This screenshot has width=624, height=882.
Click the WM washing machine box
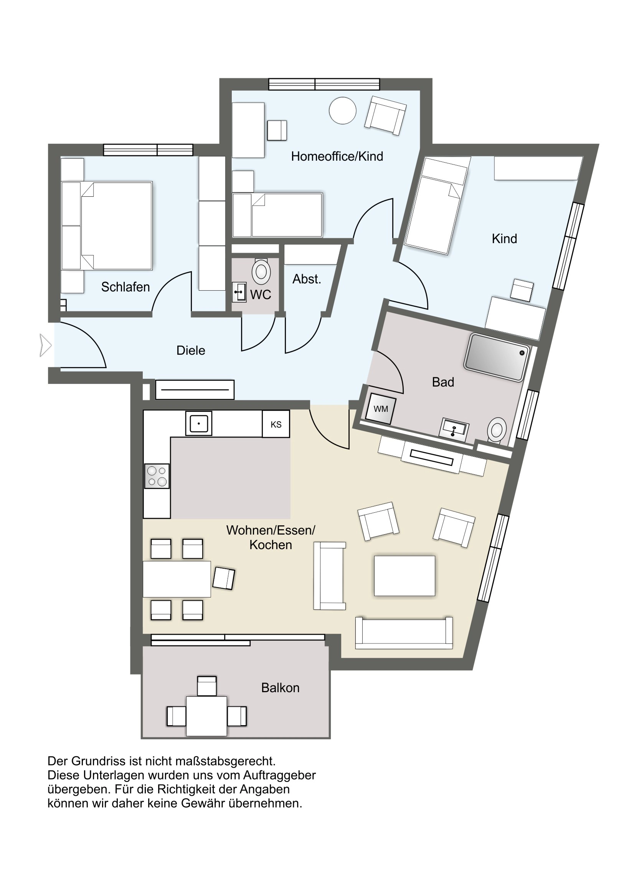tap(381, 409)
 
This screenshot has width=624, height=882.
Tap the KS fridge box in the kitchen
tap(276, 424)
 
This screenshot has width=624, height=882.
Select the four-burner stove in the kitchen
tap(157, 476)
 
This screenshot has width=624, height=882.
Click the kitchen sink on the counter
tap(199, 423)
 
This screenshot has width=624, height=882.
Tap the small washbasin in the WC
tap(239, 292)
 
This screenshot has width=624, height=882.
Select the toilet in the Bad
tap(497, 430)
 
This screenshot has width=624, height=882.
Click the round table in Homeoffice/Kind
tap(343, 110)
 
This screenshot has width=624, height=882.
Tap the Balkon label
tap(280, 687)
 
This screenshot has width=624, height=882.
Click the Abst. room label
tap(307, 279)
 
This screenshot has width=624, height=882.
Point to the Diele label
tap(191, 350)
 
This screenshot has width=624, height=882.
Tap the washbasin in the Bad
tap(454, 430)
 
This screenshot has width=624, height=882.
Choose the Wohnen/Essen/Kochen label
tap(271, 537)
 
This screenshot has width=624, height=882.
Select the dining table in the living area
tap(177, 579)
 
